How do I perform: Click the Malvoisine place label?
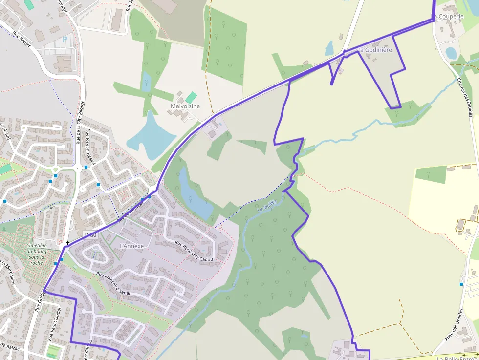point(185,106)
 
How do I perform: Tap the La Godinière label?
point(375,50)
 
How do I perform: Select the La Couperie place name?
point(448,16)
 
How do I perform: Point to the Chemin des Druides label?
point(465,97)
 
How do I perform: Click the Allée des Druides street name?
point(454,325)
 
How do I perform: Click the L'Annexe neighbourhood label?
point(132,246)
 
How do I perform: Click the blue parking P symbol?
point(65,39)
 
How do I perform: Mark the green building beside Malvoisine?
point(192,97)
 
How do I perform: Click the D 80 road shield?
point(90,235)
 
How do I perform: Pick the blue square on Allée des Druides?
point(461,284)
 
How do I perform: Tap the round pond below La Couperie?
point(451,53)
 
